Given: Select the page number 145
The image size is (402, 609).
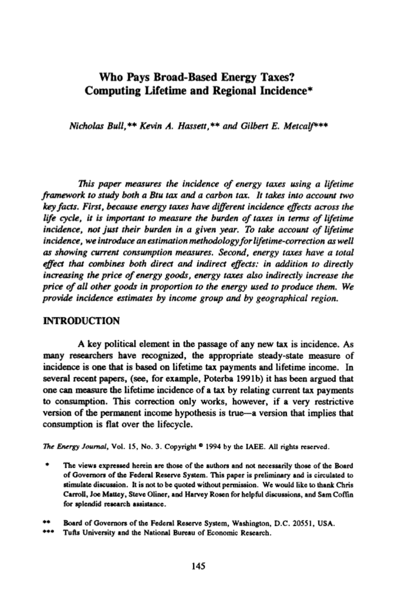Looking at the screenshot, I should pyautogui.click(x=199, y=566).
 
